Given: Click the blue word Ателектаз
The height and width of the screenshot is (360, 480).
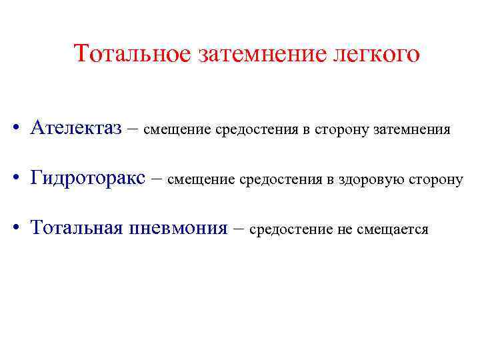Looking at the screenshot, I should pos(75,128).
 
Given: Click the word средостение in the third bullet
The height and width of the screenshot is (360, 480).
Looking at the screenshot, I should pos(291,230).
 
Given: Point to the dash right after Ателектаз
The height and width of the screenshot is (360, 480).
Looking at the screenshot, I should pos(132,129).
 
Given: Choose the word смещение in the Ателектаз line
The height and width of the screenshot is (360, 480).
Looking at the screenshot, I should pos(177,129).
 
